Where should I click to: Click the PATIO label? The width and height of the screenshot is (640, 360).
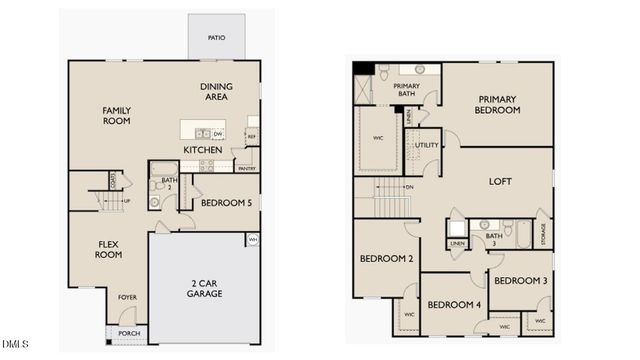[x=216, y=38]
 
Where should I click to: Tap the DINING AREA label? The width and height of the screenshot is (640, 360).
[x=216, y=92]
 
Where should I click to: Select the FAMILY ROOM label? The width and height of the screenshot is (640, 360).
[x=117, y=115]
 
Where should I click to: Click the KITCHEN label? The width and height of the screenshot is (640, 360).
[x=202, y=150]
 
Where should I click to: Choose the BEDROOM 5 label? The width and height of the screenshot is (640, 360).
[x=226, y=203]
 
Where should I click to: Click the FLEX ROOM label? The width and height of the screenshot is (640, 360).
[x=109, y=249]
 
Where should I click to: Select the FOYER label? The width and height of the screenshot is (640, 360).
[x=128, y=297]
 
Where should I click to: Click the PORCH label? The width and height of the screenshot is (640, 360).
[x=129, y=333]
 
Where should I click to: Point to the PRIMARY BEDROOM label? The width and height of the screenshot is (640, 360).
[x=497, y=105]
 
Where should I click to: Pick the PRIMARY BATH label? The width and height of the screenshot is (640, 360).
[x=406, y=91]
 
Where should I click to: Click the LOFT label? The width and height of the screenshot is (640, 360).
[x=499, y=182]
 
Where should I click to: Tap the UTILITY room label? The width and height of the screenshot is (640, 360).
[x=426, y=145]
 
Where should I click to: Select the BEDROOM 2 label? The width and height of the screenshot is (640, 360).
[x=380, y=259]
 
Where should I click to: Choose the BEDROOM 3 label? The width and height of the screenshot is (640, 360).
[x=521, y=281]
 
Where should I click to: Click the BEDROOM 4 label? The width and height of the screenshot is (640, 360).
[x=453, y=304]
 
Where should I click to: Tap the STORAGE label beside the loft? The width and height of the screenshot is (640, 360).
[x=543, y=234]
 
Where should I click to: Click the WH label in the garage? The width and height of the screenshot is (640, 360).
[x=253, y=240]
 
